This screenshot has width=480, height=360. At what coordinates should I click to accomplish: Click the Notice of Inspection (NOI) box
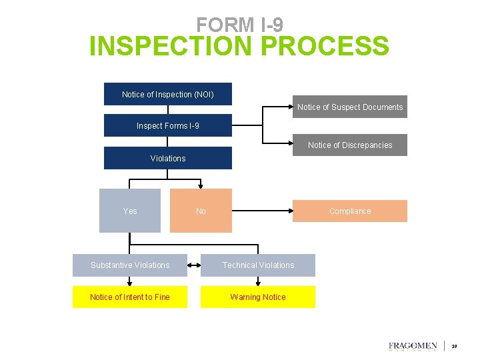click(167, 94)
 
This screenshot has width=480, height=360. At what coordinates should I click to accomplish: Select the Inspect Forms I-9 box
click(167, 125)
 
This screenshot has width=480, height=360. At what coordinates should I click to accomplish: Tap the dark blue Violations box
click(167, 158)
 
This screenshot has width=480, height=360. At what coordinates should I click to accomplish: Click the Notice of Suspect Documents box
click(349, 107)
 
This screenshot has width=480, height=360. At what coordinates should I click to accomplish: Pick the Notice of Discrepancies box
click(349, 145)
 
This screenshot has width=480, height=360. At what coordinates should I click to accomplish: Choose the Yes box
click(130, 211)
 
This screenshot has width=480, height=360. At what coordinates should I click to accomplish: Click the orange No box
click(201, 211)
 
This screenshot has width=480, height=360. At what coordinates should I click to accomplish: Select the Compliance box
click(349, 211)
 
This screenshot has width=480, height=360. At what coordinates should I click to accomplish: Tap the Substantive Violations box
click(130, 265)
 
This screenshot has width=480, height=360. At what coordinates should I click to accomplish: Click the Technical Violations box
click(258, 265)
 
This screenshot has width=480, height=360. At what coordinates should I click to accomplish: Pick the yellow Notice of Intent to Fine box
click(130, 297)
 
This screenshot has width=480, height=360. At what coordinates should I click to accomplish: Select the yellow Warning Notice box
click(258, 297)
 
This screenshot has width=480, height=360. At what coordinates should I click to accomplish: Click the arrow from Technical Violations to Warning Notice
click(258, 281)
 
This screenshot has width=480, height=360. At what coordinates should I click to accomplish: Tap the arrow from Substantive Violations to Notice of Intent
click(130, 281)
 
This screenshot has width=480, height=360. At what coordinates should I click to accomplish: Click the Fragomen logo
click(413, 346)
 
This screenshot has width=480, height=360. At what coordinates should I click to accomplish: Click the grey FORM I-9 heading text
click(239, 25)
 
